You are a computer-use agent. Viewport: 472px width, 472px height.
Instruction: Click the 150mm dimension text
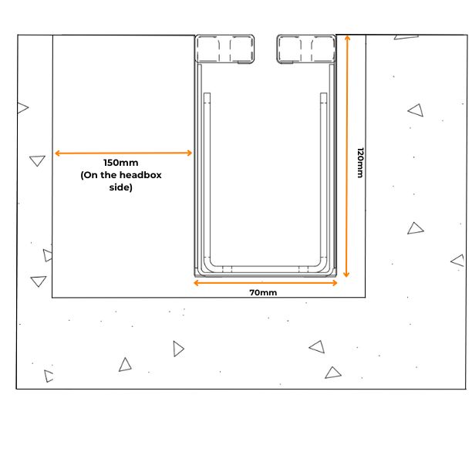pyautogui.click(x=121, y=163)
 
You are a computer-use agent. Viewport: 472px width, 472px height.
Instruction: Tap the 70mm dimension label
pyautogui.click(x=263, y=292)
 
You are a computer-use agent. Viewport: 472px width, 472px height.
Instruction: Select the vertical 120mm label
pyautogui.click(x=360, y=163)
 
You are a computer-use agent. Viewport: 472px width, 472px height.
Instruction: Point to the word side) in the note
pyautogui.click(x=121, y=187)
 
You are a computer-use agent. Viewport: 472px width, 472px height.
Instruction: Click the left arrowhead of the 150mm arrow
pyautogui.click(x=56, y=153)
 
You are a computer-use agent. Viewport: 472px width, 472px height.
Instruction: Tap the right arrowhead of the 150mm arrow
pyautogui.click(x=190, y=153)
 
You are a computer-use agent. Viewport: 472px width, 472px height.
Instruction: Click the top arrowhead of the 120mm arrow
pyautogui.click(x=347, y=38)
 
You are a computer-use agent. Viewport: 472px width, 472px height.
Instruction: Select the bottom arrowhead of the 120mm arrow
pyautogui.click(x=346, y=275)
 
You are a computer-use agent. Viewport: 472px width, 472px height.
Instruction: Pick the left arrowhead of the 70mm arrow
pyautogui.click(x=196, y=282)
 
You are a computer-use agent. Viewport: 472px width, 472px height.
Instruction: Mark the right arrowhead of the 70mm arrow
pyautogui.click(x=335, y=282)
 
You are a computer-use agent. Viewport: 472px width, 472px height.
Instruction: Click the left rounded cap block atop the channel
pyautogui.click(x=224, y=49)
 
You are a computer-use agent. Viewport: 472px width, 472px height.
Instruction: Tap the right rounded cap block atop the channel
pyautogui.click(x=306, y=49)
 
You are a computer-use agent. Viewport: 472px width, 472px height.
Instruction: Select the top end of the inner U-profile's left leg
pyautogui.click(x=207, y=93)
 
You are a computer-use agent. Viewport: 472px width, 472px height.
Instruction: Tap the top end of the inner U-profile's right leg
pyautogui.click(x=324, y=93)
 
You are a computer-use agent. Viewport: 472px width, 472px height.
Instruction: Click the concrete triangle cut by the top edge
pyautogui.click(x=406, y=37)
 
